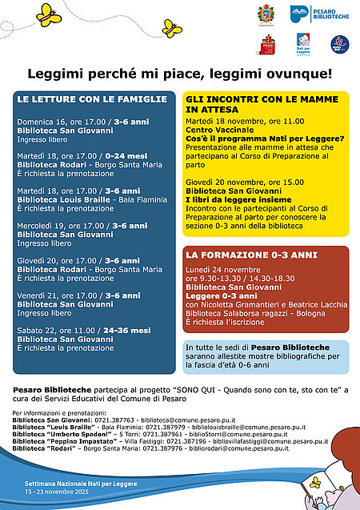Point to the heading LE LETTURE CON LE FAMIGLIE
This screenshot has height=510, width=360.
pos(93,99)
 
